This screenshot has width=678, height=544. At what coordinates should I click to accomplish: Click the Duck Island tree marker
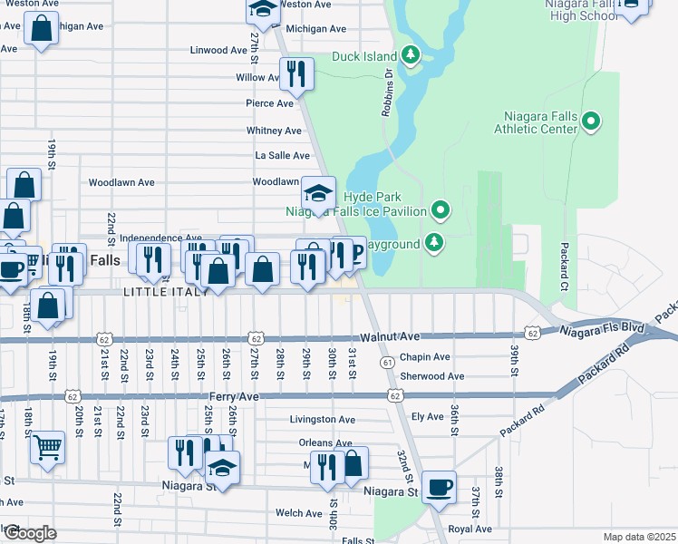pyautogui.click(x=412, y=56)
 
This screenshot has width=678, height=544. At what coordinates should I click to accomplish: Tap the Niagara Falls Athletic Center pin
pyautogui.click(x=592, y=121)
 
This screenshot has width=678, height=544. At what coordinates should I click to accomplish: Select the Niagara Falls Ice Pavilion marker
pyautogui.click(x=441, y=211)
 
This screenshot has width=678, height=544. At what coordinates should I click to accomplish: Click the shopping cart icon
pyautogui.click(x=47, y=445)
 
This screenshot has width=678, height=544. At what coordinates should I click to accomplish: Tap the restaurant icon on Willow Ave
pyautogui.click(x=295, y=73)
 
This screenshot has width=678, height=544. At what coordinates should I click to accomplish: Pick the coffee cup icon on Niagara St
pyautogui.click(x=439, y=487)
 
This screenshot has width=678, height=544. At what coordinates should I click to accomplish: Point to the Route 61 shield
pyautogui.click(x=387, y=362)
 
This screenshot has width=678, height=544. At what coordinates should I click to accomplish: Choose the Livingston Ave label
pyautogui.click(x=322, y=420)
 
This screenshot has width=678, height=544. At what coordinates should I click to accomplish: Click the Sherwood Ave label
pyautogui.click(x=431, y=376)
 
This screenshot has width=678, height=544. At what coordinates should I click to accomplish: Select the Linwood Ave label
pyautogui.click(x=218, y=50)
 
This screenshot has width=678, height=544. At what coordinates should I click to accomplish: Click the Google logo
pyautogui.click(x=29, y=533)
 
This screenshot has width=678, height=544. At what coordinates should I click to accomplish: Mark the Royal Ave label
pyautogui.click(x=470, y=529)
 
